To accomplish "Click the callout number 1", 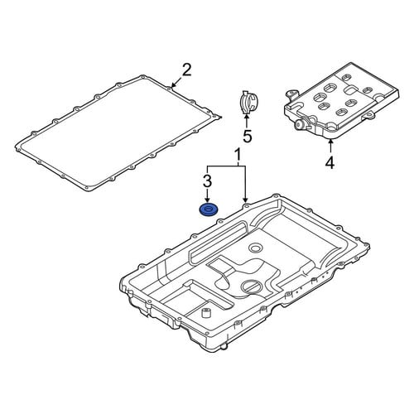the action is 238,156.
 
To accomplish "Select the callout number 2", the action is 186,70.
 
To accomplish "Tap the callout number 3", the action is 208,181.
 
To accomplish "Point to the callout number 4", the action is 330,162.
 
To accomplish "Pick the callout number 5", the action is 248,136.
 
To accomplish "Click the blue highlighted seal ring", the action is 209,210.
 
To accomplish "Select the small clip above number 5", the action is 247,102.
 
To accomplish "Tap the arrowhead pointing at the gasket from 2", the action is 173,85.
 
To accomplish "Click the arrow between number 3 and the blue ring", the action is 208,196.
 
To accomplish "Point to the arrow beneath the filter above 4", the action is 331,147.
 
